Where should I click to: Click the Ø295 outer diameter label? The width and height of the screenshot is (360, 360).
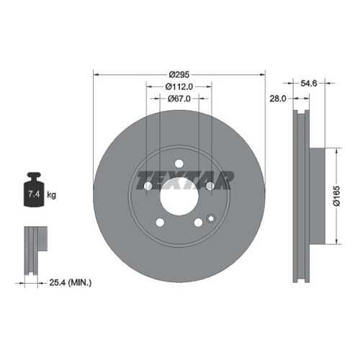[179, 75]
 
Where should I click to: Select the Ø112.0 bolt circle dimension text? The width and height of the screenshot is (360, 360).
[179, 86]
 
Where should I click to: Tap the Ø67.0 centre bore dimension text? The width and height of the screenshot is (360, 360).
[179, 99]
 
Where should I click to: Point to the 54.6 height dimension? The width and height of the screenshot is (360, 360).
[309, 84]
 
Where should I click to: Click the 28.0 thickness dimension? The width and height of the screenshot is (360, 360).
[278, 99]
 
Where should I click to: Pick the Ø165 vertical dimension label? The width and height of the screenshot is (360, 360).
[337, 196]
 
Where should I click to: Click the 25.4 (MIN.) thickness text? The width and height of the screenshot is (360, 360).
[71, 282]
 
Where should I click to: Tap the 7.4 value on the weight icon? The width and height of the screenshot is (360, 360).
[34, 194]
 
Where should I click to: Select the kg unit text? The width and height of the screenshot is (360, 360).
[51, 194]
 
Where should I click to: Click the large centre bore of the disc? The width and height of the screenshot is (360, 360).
[179, 197]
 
